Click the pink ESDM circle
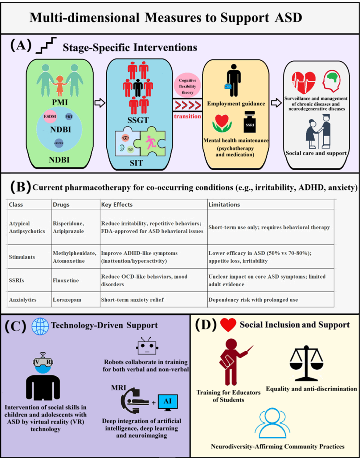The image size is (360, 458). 50,116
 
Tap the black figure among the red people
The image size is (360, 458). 138,87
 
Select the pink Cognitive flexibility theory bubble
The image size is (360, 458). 187,86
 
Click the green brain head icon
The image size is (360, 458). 331,81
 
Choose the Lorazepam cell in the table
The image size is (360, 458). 67,300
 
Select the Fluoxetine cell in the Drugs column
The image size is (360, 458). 66,280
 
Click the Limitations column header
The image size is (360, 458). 224,204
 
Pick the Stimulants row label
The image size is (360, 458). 22,257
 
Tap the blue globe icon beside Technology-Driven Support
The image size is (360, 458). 40,326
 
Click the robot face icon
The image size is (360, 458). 147,347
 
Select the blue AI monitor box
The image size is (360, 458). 168,401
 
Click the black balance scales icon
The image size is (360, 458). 306,363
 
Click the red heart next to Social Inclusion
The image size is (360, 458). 228,325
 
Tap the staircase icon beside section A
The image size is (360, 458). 46,46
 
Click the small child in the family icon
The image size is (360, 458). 60,85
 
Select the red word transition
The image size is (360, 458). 187,116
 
